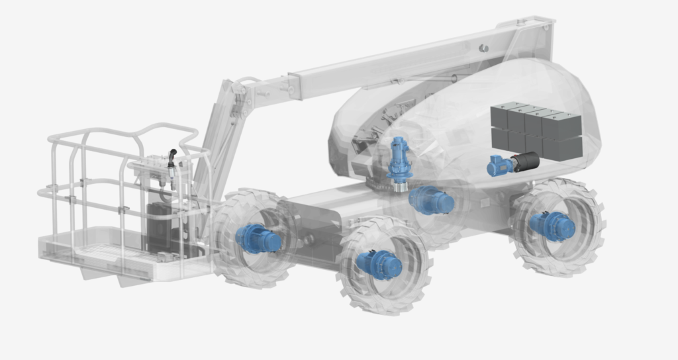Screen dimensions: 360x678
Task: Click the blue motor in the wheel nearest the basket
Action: point(258,238)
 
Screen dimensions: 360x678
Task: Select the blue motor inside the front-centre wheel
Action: point(379,264)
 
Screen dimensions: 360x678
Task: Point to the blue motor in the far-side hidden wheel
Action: point(431,200)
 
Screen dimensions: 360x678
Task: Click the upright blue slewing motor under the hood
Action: point(399,159)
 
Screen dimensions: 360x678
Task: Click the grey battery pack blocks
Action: point(536,129)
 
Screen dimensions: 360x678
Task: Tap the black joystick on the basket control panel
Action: point(172,157)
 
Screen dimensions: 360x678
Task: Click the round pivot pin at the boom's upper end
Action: point(484,48)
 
